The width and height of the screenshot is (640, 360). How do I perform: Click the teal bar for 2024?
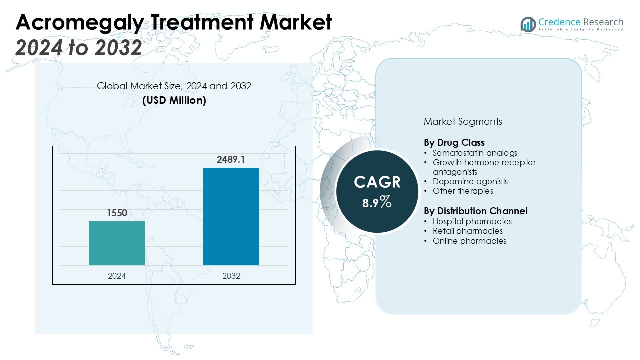tap(117, 243)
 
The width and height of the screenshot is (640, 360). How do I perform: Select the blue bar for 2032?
tap(231, 216)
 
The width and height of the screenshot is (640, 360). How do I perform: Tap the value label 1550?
tap(117, 213)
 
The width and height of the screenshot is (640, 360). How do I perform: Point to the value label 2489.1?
tap(231, 160)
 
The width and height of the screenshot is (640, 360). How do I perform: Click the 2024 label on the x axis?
tap(117, 276)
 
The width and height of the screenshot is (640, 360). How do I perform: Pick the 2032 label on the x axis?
tap(231, 276)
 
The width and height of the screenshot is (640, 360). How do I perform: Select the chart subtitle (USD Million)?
tap(174, 100)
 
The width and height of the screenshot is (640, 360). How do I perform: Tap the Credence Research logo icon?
tap(528, 24)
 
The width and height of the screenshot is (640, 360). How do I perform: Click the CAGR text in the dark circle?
tap(377, 182)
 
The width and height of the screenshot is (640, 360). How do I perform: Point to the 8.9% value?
tap(377, 202)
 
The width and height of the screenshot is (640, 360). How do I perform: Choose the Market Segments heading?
tap(463, 121)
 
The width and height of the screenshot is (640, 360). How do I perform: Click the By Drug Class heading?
tap(454, 143)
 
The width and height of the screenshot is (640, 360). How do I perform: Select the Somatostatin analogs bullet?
tap(475, 153)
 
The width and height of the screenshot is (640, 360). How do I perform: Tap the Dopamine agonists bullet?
tap(470, 181)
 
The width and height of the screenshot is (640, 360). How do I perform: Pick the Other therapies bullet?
tap(463, 191)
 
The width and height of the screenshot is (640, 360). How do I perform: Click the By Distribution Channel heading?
tap(475, 211)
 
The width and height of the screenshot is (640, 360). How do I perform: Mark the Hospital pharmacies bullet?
tap(472, 221)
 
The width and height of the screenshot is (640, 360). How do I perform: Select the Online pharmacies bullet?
tap(469, 241)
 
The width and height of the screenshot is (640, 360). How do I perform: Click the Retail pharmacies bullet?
tap(468, 231)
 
